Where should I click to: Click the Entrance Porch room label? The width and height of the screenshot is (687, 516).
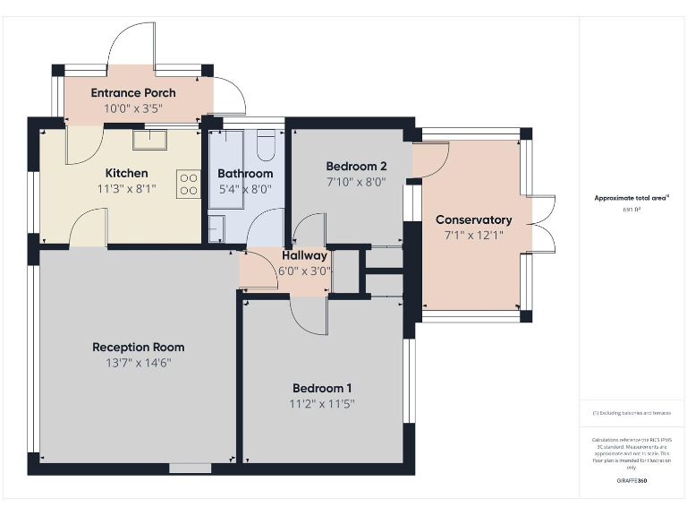133,92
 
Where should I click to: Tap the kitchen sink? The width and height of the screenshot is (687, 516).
148,138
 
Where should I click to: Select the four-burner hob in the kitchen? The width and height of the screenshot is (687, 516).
189,184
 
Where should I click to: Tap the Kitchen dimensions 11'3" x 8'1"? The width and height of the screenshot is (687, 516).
126,189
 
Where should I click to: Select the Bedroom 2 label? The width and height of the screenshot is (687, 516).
356,166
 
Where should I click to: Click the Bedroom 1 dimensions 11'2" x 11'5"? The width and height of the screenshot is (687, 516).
322,404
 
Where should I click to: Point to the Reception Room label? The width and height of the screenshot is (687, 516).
139,347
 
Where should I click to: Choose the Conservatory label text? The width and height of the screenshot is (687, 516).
473,219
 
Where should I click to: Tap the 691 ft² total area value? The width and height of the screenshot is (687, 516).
632,209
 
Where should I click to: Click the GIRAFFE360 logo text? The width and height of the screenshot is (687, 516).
632,481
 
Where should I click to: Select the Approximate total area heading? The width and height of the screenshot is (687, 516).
632,197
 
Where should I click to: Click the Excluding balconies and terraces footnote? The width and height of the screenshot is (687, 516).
632,413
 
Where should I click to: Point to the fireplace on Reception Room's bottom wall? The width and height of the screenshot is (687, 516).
190,468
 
